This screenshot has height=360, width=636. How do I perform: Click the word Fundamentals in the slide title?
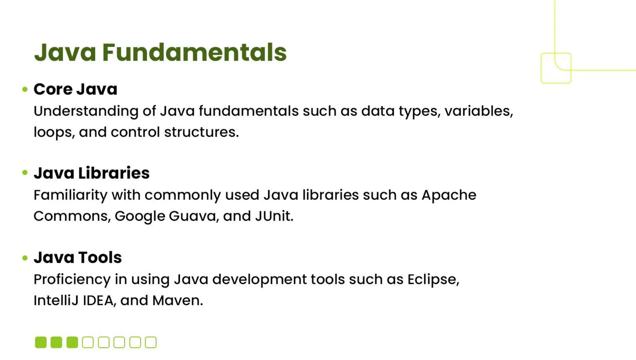coord(194,52)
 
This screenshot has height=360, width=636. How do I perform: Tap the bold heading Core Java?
coord(75,89)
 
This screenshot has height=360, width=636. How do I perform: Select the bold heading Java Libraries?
coord(92,173)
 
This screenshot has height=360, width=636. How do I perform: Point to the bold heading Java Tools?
coord(78,257)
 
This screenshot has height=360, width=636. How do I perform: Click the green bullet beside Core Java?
coord(25,90)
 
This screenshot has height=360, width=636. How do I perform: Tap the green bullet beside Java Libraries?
coord(25,173)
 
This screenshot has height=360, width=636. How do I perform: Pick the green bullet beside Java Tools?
coord(25,258)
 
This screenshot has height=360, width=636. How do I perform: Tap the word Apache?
coord(449,195)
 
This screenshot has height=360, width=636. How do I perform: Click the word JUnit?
coord(273,216)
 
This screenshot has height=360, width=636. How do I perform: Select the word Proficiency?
coord(72,279)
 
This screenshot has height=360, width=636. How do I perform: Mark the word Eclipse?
coord(432,279)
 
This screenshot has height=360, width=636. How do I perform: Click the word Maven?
coord(177,300)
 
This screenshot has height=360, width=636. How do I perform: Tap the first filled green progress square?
coord(41,342)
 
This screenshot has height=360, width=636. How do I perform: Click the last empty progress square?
coord(151,342)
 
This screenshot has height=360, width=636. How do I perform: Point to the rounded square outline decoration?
coord(556,68)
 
